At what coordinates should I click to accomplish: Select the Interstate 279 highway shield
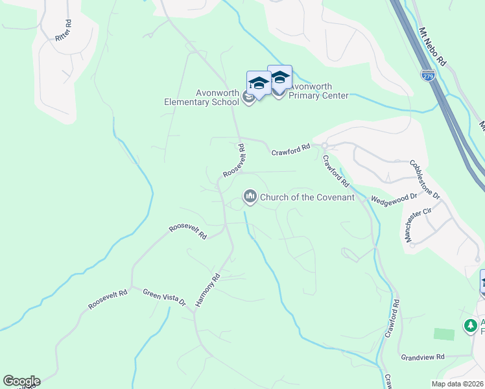pos(427,75)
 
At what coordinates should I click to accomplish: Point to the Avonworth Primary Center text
pos(318,91)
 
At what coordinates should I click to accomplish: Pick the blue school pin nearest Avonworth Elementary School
pos(259,84)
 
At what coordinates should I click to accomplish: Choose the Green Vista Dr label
pos(164,298)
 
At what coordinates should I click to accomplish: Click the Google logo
pos(21,381)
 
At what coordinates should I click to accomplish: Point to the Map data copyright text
pos(458,384)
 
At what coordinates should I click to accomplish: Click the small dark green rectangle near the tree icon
pos(444,334)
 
